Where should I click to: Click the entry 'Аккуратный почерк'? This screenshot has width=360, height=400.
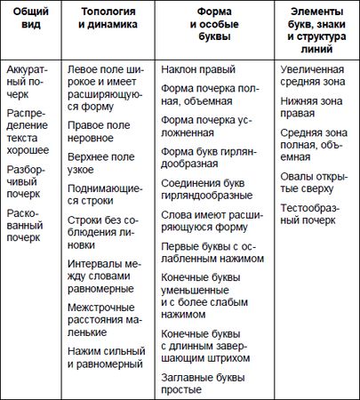click(x=28, y=76)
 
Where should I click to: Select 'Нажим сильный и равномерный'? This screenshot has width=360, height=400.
click(x=105, y=356)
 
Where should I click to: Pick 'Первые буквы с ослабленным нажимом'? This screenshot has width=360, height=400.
click(x=213, y=252)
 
